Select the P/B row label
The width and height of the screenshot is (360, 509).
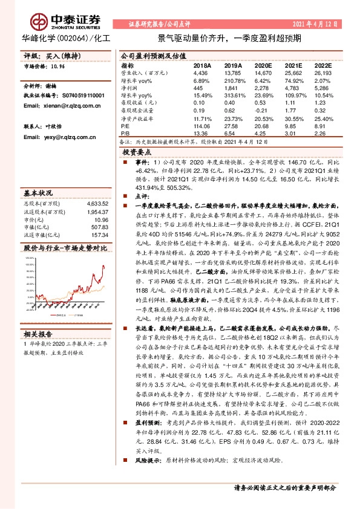point(126,135)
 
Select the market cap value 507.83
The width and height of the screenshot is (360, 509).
point(99,227)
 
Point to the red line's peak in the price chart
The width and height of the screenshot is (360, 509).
point(103,265)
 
